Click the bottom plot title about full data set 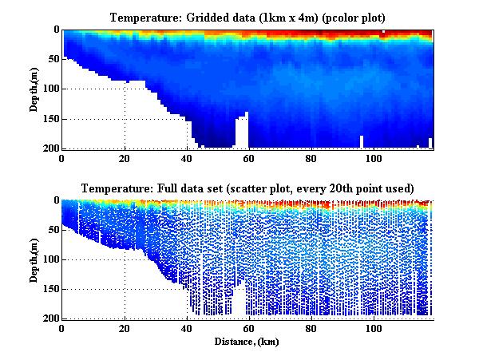point(247,188)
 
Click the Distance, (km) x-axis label point(247,342)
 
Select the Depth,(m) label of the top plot point(35,89)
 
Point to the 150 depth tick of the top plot point(49,119)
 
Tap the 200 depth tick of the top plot point(49,148)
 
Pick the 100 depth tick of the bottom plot point(49,259)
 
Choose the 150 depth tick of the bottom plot point(49,289)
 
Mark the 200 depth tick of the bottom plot point(49,318)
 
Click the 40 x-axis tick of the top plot point(187,157)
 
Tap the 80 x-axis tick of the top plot point(311,157)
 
